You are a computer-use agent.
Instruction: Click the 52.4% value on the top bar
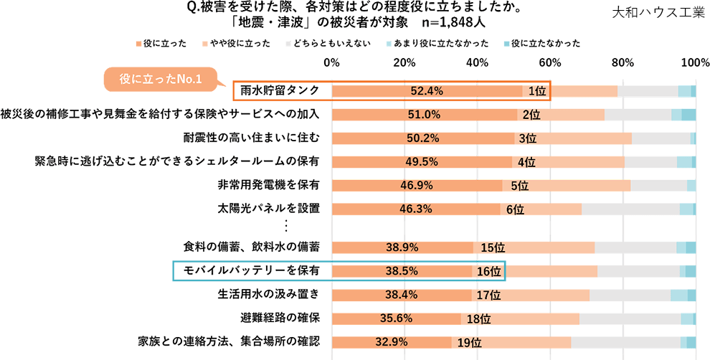(427, 91)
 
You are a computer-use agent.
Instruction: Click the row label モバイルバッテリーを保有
(252, 270)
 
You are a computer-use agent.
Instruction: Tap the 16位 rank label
(489, 271)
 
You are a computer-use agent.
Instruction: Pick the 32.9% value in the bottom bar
(391, 342)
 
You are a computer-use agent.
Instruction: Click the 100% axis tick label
(695, 63)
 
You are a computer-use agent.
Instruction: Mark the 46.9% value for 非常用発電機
(417, 186)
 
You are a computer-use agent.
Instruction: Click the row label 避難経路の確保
(280, 317)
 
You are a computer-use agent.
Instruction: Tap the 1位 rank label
(537, 91)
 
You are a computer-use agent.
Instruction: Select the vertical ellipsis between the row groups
(285, 227)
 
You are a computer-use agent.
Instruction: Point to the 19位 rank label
(468, 343)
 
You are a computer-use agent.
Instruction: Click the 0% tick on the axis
(332, 63)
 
